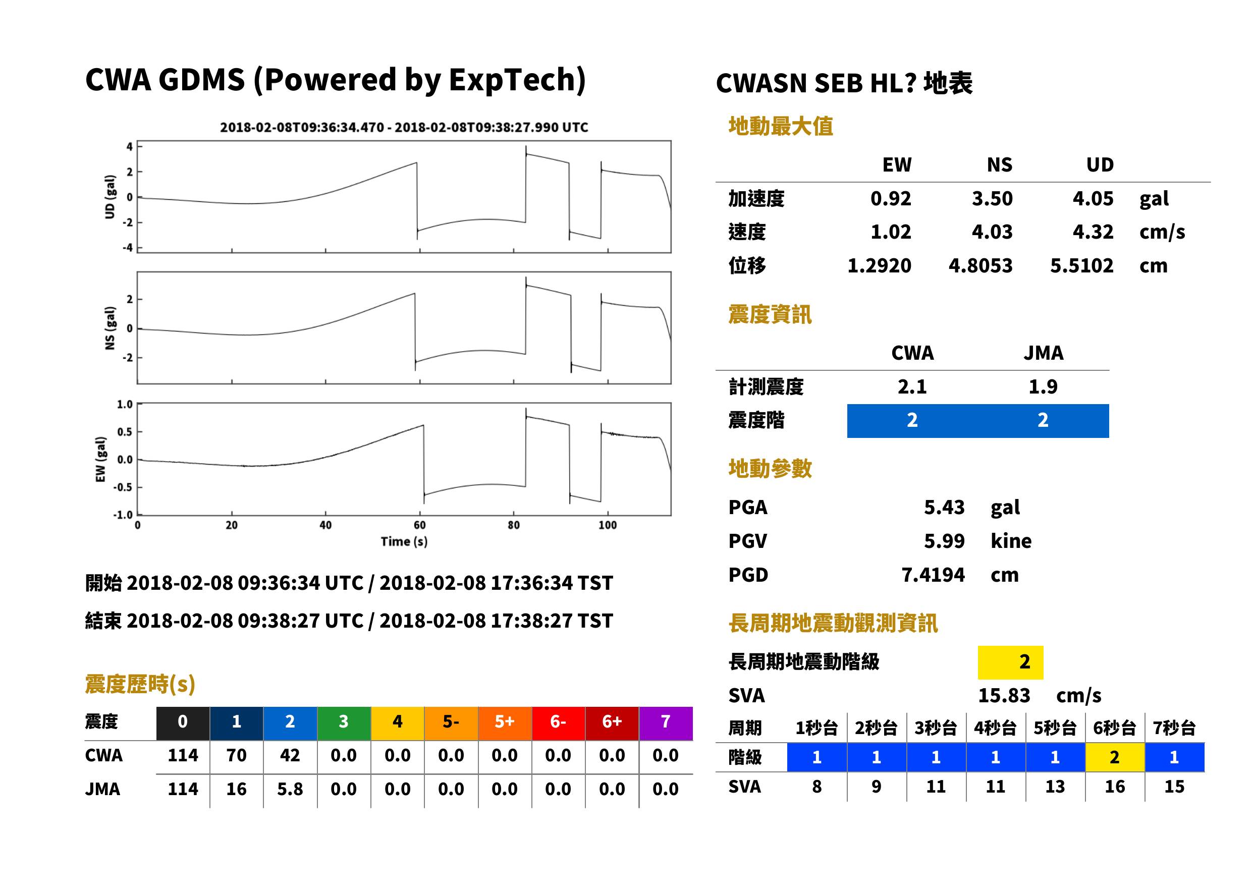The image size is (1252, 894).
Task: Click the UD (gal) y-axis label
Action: point(110,197)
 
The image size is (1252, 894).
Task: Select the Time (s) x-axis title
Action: point(404,542)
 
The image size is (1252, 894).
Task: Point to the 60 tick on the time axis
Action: point(419,525)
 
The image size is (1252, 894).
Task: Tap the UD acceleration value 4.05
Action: point(1093,198)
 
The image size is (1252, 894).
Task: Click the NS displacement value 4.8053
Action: point(980,265)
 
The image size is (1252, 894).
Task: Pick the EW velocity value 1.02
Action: point(890,232)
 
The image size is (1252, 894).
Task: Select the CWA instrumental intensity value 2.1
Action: point(912,386)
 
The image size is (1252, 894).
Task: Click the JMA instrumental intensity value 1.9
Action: point(1043,386)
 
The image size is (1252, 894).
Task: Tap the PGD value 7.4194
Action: point(933,575)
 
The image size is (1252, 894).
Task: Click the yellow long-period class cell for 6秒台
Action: point(1114,757)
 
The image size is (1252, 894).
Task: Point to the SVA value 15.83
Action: point(1004,695)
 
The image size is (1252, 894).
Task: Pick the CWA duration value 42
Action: point(290,755)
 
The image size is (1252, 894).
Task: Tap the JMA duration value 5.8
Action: point(290,789)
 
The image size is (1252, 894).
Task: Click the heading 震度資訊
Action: point(770,314)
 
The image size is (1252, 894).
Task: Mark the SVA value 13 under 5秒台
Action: point(1055,787)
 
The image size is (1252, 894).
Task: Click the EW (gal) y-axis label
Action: point(100,459)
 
